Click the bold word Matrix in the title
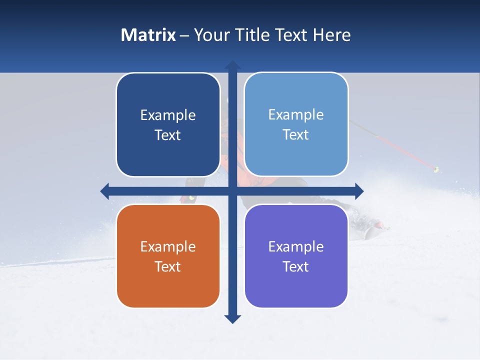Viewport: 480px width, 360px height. click(x=148, y=35)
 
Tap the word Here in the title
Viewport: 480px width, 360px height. click(x=332, y=35)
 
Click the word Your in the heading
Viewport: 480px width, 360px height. click(x=212, y=35)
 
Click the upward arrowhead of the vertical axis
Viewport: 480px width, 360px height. click(x=232, y=65)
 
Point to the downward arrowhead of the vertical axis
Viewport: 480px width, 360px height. click(x=232, y=319)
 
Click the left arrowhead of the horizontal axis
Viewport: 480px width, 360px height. click(x=105, y=191)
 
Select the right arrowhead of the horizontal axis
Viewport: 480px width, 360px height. click(x=359, y=191)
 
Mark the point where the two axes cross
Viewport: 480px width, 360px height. click(x=232, y=191)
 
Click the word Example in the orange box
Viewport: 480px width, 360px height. click(x=168, y=246)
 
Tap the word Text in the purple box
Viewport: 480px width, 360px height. click(x=296, y=266)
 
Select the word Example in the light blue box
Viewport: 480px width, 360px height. click(x=296, y=114)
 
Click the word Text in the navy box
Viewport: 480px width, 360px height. click(x=168, y=135)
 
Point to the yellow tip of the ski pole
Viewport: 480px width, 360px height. click(x=436, y=169)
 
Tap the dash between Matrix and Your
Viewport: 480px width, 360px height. click(x=185, y=35)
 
